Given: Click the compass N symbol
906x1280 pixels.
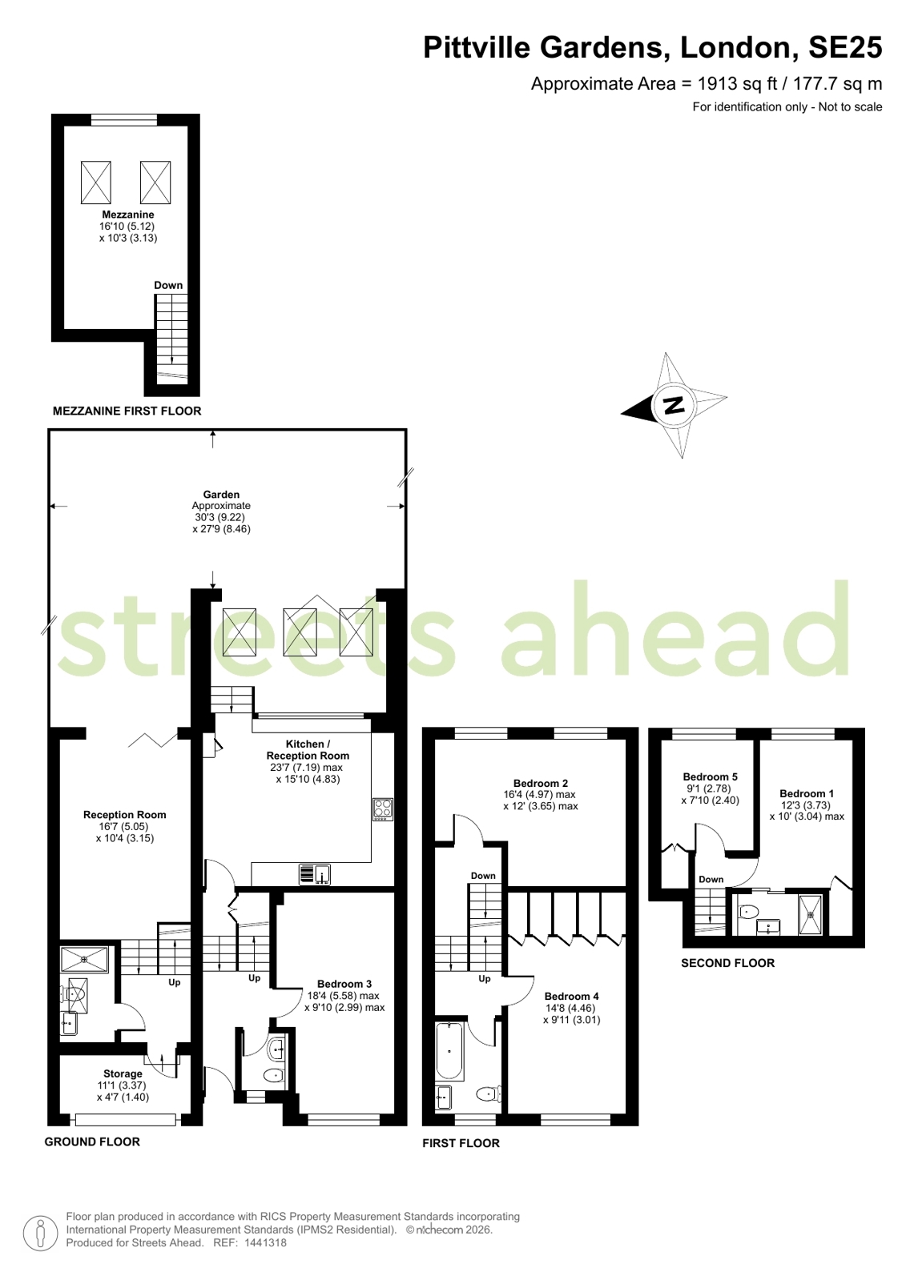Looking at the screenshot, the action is coord(674,405).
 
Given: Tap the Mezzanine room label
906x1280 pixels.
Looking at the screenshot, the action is coord(128,215).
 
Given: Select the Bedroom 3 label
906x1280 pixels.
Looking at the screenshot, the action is coord(344,984).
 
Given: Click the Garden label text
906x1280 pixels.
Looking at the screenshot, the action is coord(221,495).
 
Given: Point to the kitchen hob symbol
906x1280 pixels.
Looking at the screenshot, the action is coord(383,809).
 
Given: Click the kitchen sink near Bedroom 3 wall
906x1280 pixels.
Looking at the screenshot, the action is coord(315,874).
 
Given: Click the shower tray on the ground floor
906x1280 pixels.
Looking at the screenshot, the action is coord(85,960).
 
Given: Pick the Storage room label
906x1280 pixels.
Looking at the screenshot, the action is coord(123,1073).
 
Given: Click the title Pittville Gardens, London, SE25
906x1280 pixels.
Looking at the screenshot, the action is coord(653,47).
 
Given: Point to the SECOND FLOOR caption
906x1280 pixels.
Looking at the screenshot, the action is coord(727,963).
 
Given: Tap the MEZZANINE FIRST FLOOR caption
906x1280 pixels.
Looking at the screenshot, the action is coord(127,411).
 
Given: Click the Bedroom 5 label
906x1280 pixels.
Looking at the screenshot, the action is coord(711,776).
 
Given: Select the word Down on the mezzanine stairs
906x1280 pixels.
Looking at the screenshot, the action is coord(168,285).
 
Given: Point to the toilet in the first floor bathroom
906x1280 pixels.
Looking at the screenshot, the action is coord(488,1094).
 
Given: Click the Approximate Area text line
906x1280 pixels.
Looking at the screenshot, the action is coord(707,84).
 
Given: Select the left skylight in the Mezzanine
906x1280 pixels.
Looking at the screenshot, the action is coord(95,183).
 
